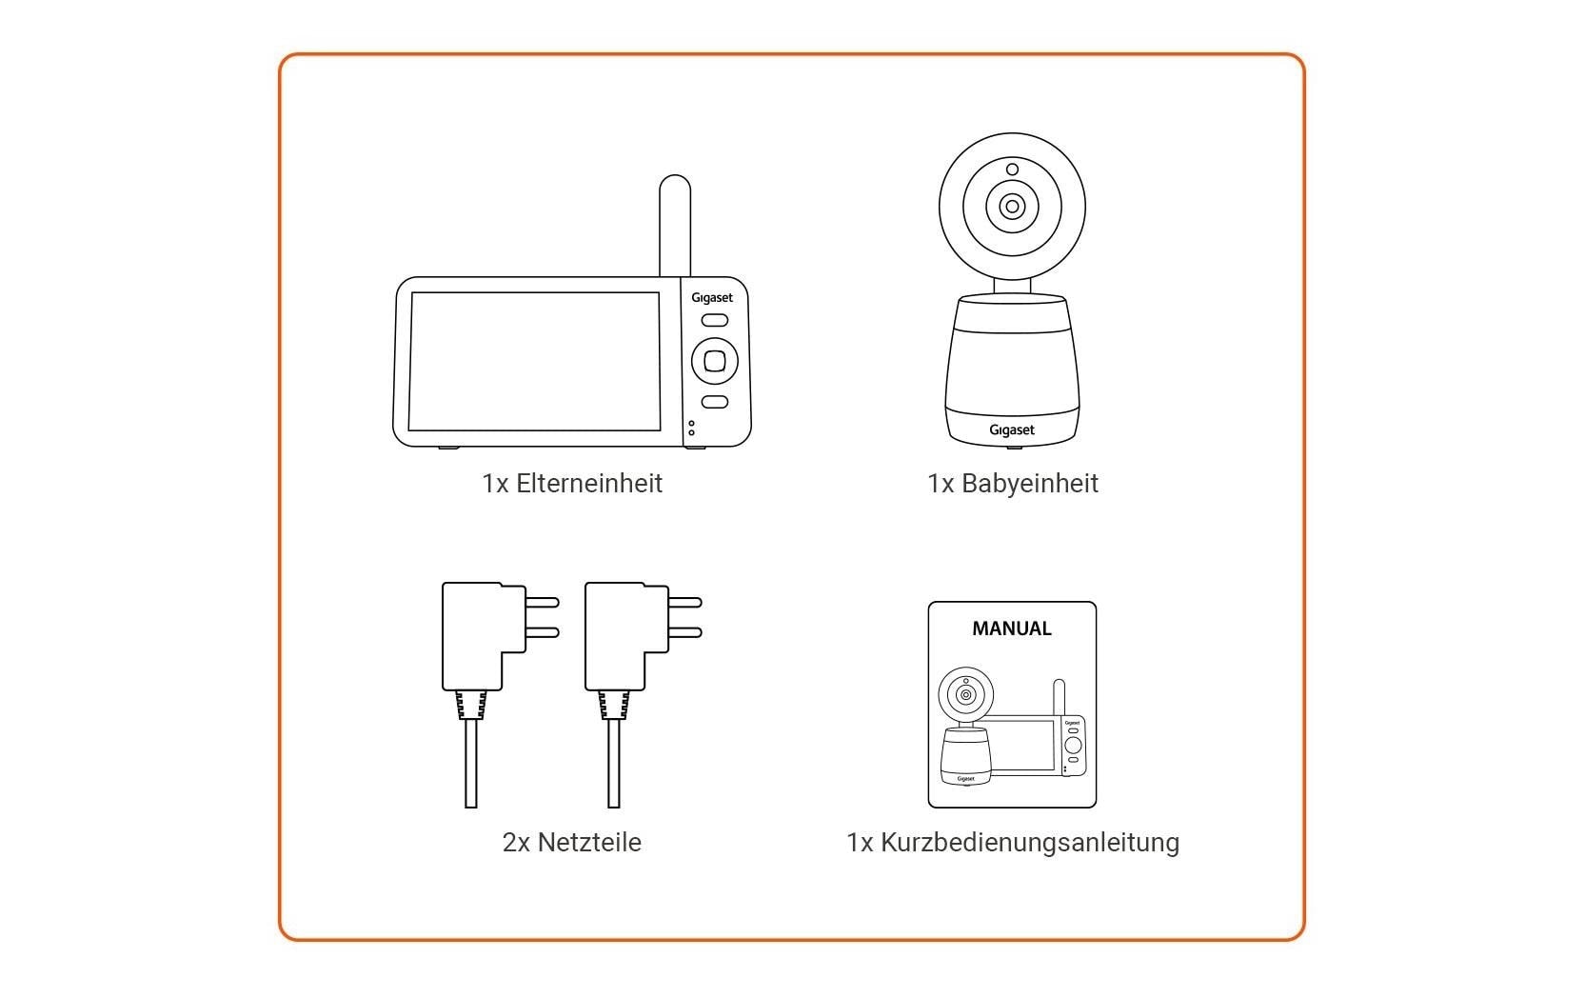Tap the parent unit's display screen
[534, 361]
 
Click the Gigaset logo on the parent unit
[712, 298]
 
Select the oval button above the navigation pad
[714, 321]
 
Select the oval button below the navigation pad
[714, 402]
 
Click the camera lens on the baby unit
[1012, 207]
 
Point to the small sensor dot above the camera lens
[1012, 170]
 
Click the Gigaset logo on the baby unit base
[1011, 430]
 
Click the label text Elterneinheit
[588, 484]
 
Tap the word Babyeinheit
[1029, 484]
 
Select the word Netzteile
[588, 843]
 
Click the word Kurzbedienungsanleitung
[1029, 843]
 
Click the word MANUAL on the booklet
[1011, 629]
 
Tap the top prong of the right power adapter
[684, 602]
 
